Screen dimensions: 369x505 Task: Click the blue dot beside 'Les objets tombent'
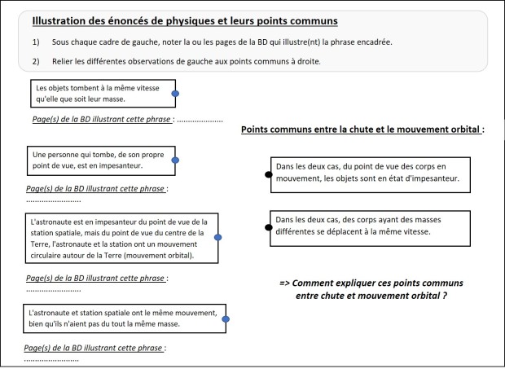coord(175,94)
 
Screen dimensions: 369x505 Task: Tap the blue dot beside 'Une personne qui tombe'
coord(175,160)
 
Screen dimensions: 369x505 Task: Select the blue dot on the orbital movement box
coord(217,238)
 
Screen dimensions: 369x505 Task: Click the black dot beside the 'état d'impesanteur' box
coord(268,174)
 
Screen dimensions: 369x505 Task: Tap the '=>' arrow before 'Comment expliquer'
coord(285,282)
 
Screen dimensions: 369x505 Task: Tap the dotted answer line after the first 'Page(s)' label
coord(200,120)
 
